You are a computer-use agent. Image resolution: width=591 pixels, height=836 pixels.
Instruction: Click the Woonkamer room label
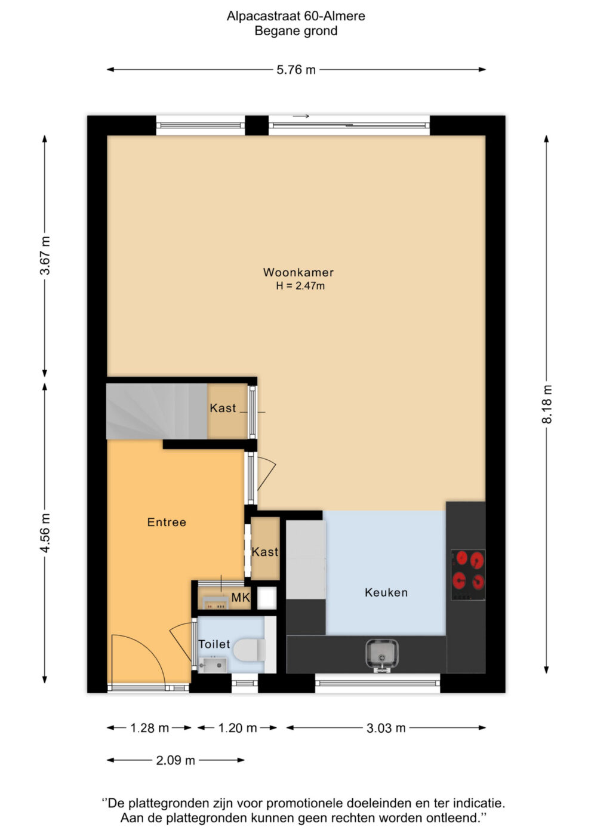point(298,272)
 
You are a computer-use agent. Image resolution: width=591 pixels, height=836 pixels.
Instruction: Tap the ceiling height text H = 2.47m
point(300,286)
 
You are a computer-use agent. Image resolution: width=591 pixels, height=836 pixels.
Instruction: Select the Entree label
point(167,522)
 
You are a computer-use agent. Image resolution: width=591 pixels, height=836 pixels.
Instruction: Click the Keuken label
point(386,592)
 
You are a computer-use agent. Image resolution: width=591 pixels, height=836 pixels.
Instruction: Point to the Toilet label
point(214,644)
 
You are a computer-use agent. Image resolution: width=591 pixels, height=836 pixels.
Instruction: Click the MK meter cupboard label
point(240,598)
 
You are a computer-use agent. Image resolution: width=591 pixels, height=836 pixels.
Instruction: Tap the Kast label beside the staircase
point(223,408)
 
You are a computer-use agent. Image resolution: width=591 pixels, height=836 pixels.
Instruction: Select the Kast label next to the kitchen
point(265,552)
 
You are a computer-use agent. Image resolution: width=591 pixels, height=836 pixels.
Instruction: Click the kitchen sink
point(381,656)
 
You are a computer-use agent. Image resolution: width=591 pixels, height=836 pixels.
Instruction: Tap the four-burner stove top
point(468,575)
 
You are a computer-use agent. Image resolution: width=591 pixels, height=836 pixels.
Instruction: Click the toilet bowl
point(250,650)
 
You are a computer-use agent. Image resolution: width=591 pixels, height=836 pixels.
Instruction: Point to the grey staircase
point(156,411)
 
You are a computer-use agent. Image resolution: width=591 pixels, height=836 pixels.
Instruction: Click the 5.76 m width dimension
point(296,69)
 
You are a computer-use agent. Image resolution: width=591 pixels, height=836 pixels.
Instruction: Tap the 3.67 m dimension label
point(45,256)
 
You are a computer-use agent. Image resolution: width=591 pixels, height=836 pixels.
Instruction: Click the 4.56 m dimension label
point(45,533)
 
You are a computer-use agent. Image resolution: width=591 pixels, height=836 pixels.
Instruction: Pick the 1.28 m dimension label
point(149,728)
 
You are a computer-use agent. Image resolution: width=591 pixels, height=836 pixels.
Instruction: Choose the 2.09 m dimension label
point(176,760)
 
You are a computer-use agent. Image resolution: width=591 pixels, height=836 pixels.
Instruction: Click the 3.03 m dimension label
point(386,728)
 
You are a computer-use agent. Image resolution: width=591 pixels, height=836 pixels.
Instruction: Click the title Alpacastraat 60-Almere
point(296,16)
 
